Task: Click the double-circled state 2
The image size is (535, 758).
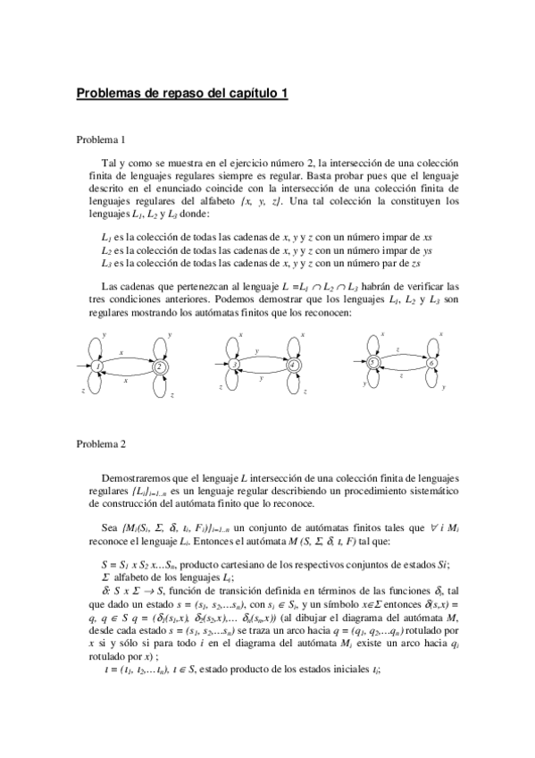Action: coord(159,366)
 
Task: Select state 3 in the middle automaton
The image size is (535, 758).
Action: coord(233,365)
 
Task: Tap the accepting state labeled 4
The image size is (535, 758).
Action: coord(292,365)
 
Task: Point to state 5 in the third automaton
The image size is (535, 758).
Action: coord(374,362)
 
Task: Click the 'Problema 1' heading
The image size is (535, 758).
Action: coord(101,139)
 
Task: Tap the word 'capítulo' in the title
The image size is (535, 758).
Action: coord(252,92)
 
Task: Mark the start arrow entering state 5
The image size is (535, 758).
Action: coord(360,362)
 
